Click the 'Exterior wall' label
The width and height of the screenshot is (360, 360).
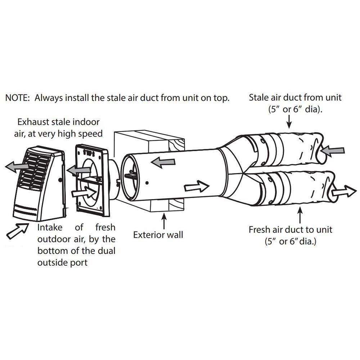coord(158,235)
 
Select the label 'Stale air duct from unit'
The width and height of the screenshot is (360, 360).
coord(295,97)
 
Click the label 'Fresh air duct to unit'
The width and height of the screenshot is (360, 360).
coord(291,229)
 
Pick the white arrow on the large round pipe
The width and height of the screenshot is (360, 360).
coord(197,187)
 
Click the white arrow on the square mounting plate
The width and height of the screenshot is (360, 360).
coord(84,193)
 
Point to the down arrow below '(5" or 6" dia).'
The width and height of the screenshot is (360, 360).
coord(289,122)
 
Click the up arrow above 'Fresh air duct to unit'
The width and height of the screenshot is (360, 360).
coord(300,216)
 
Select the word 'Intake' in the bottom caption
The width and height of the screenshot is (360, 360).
coord(50,228)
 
